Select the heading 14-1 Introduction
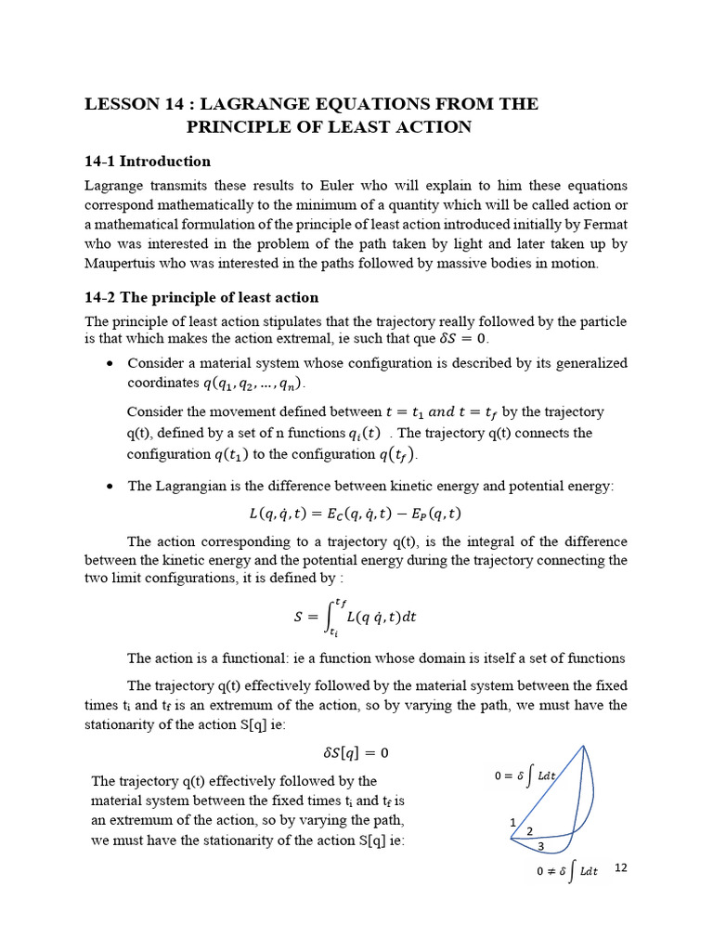pyautogui.click(x=148, y=161)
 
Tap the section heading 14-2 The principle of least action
pyautogui.click(x=201, y=297)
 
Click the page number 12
pyautogui.click(x=621, y=867)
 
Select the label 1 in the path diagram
pyautogui.click(x=512, y=822)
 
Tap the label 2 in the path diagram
pyautogui.click(x=529, y=830)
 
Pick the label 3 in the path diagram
pyautogui.click(x=541, y=845)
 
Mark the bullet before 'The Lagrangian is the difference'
pyautogui.click(x=110, y=487)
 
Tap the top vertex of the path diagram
pyautogui.click(x=583, y=746)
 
